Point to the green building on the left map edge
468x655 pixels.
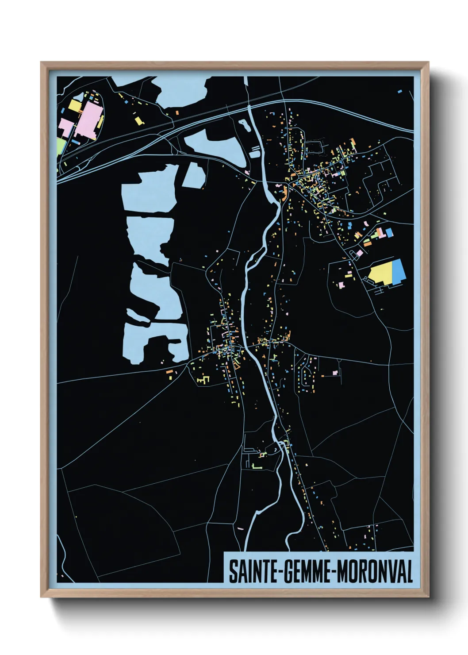[x=60, y=146]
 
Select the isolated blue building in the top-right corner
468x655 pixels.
[x=399, y=92]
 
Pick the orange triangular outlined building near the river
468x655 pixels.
[x=238, y=366]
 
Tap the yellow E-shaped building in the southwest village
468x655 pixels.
[x=202, y=380]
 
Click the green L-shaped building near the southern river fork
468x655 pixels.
[x=256, y=466]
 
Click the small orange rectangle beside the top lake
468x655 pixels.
[x=177, y=113]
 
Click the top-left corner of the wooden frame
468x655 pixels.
[x=41, y=62]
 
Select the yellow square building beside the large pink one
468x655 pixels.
[x=74, y=106]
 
